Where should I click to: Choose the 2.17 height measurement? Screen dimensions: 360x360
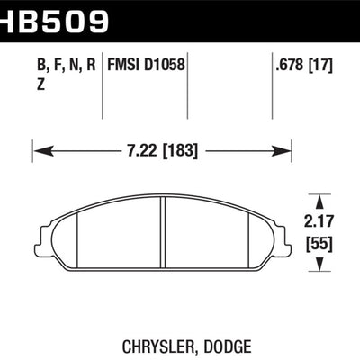point(322,219)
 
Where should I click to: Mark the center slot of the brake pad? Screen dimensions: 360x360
point(163,235)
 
